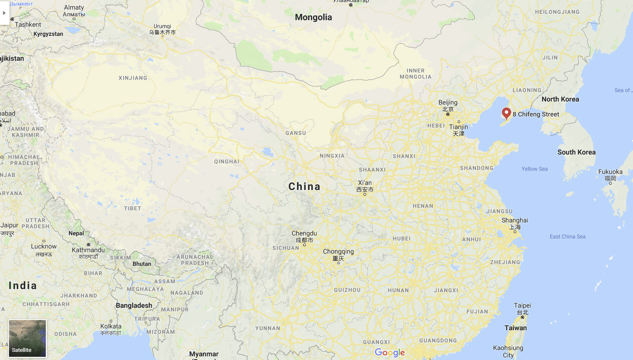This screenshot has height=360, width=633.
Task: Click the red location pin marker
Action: click(x=506, y=113)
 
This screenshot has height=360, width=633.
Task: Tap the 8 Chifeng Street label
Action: click(x=536, y=114)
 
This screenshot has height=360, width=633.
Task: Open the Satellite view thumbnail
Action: click(x=27, y=338)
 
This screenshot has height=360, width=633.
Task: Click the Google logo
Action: click(x=390, y=353)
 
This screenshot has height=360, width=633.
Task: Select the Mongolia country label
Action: click(x=313, y=17)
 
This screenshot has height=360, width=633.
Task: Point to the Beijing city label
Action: click(x=448, y=102)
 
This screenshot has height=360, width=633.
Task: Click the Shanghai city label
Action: click(x=515, y=220)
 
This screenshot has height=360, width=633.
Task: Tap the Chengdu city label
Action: click(x=304, y=233)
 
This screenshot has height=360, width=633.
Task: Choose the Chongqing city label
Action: click(x=338, y=251)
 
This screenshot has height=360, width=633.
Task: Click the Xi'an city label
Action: click(x=365, y=183)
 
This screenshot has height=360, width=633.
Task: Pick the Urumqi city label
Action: click(x=162, y=26)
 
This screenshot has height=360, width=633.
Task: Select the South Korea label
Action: click(x=576, y=152)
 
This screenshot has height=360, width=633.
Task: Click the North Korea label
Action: click(x=560, y=99)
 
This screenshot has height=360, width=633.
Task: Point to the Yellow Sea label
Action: click(x=534, y=169)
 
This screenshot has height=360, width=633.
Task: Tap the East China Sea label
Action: click(x=567, y=236)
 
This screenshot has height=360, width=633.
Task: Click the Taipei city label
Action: click(x=522, y=305)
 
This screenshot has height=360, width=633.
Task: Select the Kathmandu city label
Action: click(x=88, y=250)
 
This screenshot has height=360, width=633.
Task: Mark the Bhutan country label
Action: click(x=142, y=264)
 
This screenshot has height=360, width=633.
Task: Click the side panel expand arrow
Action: click(x=4, y=13)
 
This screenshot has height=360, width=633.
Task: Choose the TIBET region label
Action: click(x=133, y=208)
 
